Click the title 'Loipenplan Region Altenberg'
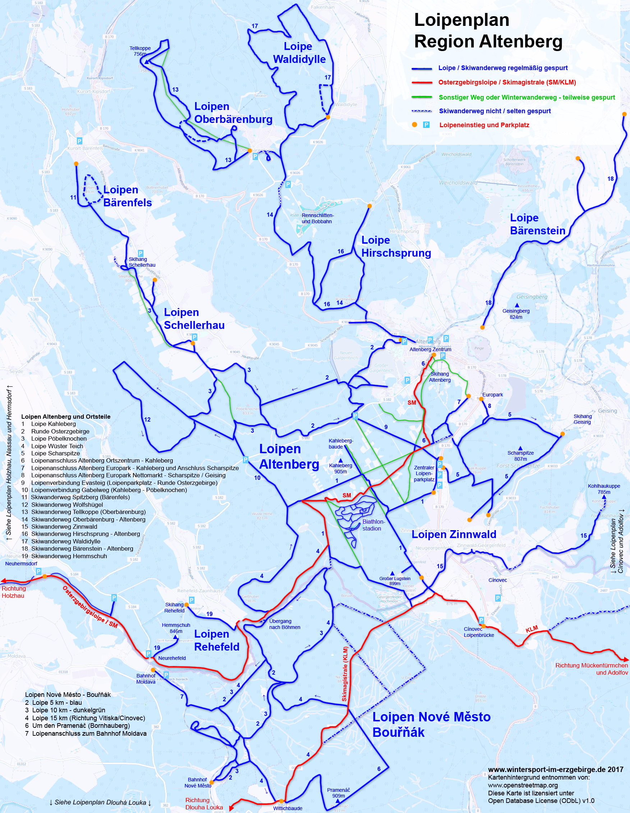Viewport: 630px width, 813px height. [x=488, y=31]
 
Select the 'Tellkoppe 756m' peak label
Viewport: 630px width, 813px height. [x=140, y=51]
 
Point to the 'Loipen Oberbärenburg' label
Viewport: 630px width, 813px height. [x=233, y=113]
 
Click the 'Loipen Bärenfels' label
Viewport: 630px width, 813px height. [x=127, y=196]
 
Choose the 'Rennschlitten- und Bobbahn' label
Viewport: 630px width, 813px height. [x=317, y=219]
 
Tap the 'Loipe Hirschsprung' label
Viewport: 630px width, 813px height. [x=396, y=247]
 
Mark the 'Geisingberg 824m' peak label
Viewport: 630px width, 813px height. [x=516, y=314]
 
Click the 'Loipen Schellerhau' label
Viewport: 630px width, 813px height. [x=194, y=319]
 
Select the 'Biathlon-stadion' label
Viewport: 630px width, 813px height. [x=373, y=525]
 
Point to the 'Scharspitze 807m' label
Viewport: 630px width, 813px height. [x=520, y=456]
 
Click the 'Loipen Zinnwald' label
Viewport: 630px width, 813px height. [x=454, y=534]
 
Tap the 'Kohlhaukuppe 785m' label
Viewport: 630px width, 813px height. [x=603, y=489]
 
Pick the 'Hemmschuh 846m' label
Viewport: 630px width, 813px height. [x=176, y=628]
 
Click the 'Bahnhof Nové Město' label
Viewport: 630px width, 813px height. [x=198, y=782]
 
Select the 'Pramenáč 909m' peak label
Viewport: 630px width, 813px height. [x=338, y=793]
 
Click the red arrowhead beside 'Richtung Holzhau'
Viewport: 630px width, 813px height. [x=3, y=581]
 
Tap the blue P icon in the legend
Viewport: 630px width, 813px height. [x=426, y=125]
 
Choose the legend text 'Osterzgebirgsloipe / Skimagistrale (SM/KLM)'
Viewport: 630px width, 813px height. [x=507, y=82]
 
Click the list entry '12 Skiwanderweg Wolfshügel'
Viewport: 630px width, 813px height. [x=62, y=504]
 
